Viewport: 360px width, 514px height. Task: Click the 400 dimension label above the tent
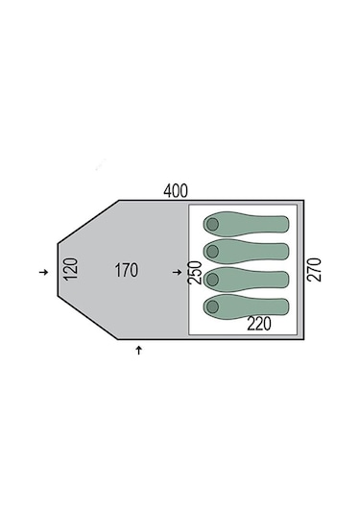point(176,191)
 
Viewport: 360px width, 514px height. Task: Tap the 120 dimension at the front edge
point(71,269)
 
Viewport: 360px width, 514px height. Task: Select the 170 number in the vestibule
point(126,270)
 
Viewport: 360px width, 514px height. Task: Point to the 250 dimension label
point(194,273)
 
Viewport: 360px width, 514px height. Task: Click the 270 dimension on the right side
point(314,270)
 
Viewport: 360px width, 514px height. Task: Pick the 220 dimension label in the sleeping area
point(259,324)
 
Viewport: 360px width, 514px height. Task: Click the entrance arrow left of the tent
point(43,272)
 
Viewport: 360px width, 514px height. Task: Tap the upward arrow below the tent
point(139,350)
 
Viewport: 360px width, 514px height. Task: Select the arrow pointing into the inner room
point(178,272)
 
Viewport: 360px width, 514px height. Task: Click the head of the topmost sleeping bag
point(212,224)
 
